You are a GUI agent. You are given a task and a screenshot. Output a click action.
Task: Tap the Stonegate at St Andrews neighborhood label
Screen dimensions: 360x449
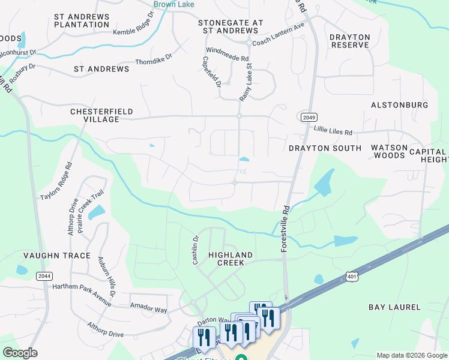pos(231,26)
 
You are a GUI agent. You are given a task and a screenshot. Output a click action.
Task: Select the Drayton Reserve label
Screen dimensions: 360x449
pos(349,41)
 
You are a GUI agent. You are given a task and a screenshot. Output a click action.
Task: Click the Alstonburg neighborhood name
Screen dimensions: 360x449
pos(399,105)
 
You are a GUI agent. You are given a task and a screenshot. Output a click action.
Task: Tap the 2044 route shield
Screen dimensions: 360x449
pos(43,275)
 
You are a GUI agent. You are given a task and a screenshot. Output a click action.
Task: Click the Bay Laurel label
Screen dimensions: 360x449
pos(394,307)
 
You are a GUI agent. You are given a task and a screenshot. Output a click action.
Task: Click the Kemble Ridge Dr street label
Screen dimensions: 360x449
pos(133,31)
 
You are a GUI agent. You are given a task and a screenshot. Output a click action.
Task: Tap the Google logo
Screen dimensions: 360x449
pos(20,353)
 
